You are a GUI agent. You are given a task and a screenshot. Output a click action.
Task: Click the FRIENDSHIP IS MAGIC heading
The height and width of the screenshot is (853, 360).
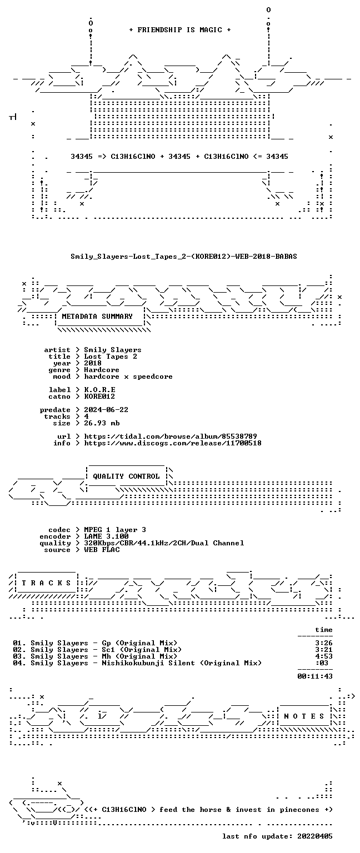coord(180,29)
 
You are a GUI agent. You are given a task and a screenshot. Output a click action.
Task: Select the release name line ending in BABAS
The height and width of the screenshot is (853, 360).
coord(184,256)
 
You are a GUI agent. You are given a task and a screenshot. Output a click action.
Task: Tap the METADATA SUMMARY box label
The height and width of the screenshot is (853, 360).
coord(97,316)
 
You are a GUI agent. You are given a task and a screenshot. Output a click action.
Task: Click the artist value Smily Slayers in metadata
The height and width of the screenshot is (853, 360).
coord(113,350)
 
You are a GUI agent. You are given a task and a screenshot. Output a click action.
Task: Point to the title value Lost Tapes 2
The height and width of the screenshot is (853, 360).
coord(111,357)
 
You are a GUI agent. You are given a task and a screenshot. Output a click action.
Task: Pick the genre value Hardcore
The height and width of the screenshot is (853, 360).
coord(102,370)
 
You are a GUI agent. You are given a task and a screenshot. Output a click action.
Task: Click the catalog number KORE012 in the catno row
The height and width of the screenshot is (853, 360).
coord(99,397)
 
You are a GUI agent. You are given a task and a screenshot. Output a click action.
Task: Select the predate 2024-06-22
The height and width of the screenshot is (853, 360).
coord(106,410)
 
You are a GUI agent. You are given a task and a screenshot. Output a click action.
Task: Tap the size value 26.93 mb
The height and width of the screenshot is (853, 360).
coord(102,423)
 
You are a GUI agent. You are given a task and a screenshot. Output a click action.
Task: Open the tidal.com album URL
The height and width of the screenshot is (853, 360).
coord(171,436)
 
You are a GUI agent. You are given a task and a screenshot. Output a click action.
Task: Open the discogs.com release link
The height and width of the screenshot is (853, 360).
coord(173,443)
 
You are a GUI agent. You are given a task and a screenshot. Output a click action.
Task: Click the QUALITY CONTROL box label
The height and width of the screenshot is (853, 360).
coord(126,476)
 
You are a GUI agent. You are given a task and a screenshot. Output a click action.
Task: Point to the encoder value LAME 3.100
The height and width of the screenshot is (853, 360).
coord(106,536)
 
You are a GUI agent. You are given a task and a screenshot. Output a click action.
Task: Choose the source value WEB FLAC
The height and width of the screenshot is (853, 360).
coord(102,549)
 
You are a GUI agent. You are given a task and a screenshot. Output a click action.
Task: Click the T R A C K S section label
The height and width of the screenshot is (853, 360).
coord(46,583)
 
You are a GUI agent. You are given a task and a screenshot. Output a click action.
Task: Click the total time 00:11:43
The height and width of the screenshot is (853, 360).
coord(315,676)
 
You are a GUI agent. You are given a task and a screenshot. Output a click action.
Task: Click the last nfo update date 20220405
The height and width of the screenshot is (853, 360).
coord(315,836)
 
